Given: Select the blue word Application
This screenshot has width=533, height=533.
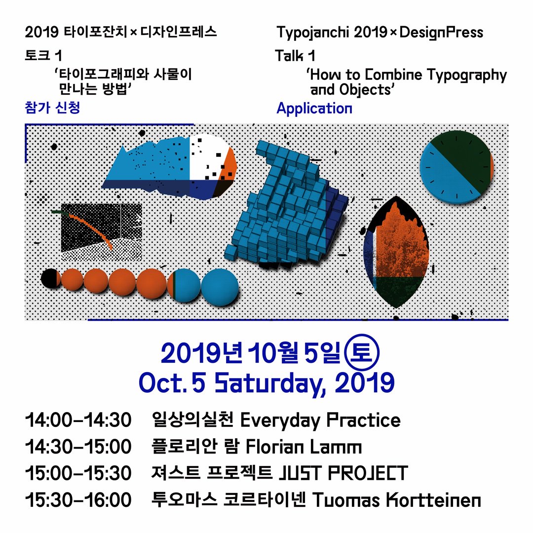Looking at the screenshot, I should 314,108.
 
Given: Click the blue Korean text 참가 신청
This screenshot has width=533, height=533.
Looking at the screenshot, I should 52,108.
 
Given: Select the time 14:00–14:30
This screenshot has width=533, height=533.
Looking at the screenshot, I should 78,421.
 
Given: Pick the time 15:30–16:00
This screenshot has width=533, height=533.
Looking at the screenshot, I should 78,500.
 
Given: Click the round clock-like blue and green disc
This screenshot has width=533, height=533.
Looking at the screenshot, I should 456,167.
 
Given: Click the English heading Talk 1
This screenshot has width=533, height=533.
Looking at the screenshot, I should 296,56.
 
